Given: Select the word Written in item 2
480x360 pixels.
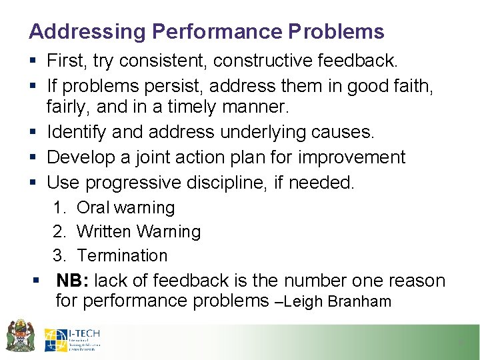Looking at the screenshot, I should tap(105, 231).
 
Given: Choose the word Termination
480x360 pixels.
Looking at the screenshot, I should tap(122, 255).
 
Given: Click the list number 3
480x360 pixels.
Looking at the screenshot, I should tap(58, 255).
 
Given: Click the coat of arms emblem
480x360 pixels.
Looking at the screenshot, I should tap(20, 335).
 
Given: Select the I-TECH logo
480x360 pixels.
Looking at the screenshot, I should tap(72, 339).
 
